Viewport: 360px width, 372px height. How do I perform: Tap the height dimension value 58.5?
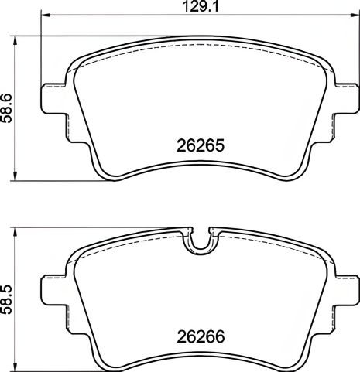[x=8, y=296]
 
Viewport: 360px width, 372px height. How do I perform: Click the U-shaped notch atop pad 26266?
[x=199, y=241]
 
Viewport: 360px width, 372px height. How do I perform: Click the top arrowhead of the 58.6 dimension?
[x=19, y=38]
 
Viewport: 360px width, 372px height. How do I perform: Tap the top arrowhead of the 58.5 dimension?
[x=19, y=230]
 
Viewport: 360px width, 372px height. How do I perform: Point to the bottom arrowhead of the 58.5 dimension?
[x=19, y=368]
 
